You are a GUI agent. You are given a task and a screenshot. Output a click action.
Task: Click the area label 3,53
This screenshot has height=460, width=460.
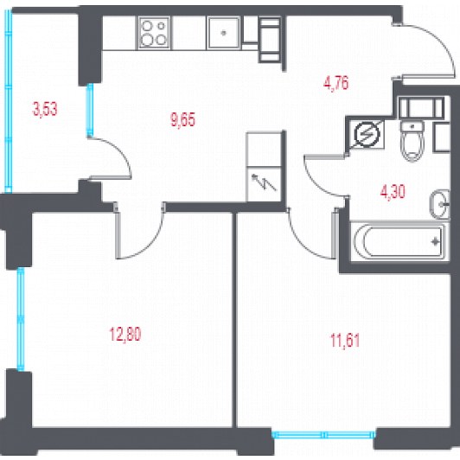[45, 109]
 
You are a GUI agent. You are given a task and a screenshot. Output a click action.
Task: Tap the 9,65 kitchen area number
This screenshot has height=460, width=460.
[182, 119]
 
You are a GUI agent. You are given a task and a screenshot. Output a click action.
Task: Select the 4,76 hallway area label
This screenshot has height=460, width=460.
[335, 83]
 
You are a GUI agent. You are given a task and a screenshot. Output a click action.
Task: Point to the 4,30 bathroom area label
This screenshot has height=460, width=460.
[393, 192]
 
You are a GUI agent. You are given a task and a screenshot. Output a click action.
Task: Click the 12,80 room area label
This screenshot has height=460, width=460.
[125, 335]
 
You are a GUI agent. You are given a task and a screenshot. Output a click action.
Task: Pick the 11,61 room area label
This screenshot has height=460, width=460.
[345, 341]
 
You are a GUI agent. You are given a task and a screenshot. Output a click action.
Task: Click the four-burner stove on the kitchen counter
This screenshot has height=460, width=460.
[154, 33]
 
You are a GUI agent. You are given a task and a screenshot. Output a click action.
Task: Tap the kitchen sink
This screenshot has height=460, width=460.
[224, 33]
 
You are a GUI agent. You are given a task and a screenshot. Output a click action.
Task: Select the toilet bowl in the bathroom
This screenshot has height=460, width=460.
[412, 142]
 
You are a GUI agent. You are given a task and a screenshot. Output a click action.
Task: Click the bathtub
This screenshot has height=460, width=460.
[399, 242]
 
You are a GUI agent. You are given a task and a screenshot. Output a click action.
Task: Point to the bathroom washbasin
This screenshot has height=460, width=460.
[440, 204]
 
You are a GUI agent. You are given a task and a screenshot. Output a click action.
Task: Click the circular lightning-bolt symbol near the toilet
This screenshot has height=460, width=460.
[367, 134]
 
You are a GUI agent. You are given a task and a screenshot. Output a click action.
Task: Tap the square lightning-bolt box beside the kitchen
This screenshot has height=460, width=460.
[264, 184]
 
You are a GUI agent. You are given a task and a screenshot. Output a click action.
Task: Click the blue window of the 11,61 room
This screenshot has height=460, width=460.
[323, 434]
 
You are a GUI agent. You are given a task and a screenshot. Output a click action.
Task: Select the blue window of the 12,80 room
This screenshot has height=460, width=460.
[21, 319]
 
